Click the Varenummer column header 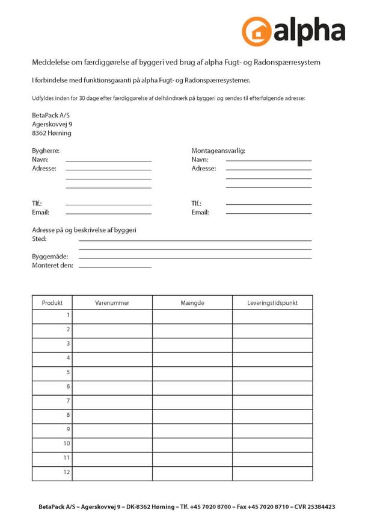[x=112, y=303]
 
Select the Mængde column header [x=192, y=303]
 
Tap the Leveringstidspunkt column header [x=272, y=303]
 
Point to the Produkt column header [x=52, y=303]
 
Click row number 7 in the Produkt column [x=68, y=401]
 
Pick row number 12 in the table [x=67, y=472]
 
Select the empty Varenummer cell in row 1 [x=112, y=316]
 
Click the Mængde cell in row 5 [x=192, y=372]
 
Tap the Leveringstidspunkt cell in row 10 [x=272, y=444]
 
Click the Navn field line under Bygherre [x=108, y=160]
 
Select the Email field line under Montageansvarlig [x=269, y=213]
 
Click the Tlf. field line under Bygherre [x=108, y=204]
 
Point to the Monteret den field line [x=115, y=266]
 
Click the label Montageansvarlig [x=218, y=151]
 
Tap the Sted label [x=39, y=239]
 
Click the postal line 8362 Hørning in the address [x=51, y=133]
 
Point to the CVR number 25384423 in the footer [x=322, y=507]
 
